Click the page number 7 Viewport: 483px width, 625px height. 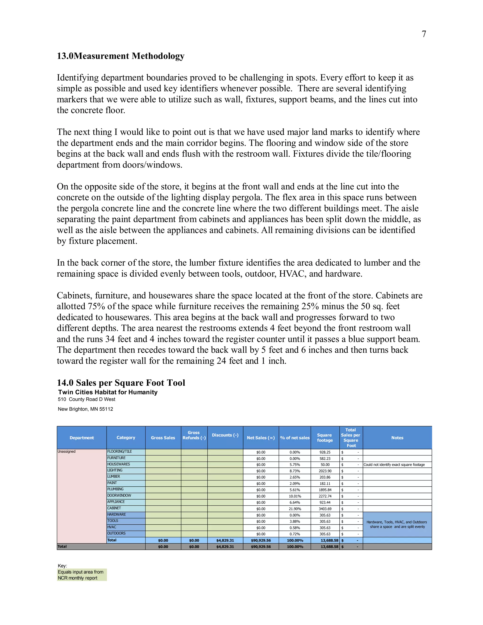pyautogui.click(x=424, y=34)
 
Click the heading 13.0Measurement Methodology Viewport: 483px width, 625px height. pyautogui.click(x=121, y=56)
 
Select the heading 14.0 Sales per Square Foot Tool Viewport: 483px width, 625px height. pyautogui.click(x=121, y=383)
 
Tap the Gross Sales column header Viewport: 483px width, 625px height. pyautogui.click(x=163, y=437)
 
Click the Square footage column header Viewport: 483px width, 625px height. pyautogui.click(x=325, y=437)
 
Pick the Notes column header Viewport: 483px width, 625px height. pyautogui.click(x=397, y=437)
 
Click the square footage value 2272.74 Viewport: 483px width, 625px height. pyautogui.click(x=325, y=496)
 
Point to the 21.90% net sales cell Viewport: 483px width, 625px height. pyautogui.click(x=295, y=509)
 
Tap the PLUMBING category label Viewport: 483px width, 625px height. pyautogui.click(x=115, y=489)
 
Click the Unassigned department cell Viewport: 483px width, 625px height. pyautogui.click(x=67, y=452)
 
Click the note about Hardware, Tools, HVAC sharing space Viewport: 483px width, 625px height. pyautogui.click(x=397, y=524)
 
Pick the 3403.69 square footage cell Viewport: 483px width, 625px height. pyautogui.click(x=325, y=509)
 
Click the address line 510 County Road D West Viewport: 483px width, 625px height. pyautogui.click(x=86, y=399)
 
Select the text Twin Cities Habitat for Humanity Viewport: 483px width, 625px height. pyautogui.click(x=108, y=392)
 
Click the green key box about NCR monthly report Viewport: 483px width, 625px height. pyautogui.click(x=82, y=575)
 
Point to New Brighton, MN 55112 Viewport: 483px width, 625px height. pyautogui.click(x=85, y=409)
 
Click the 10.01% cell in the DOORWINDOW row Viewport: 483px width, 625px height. pyautogui.click(x=295, y=496)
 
